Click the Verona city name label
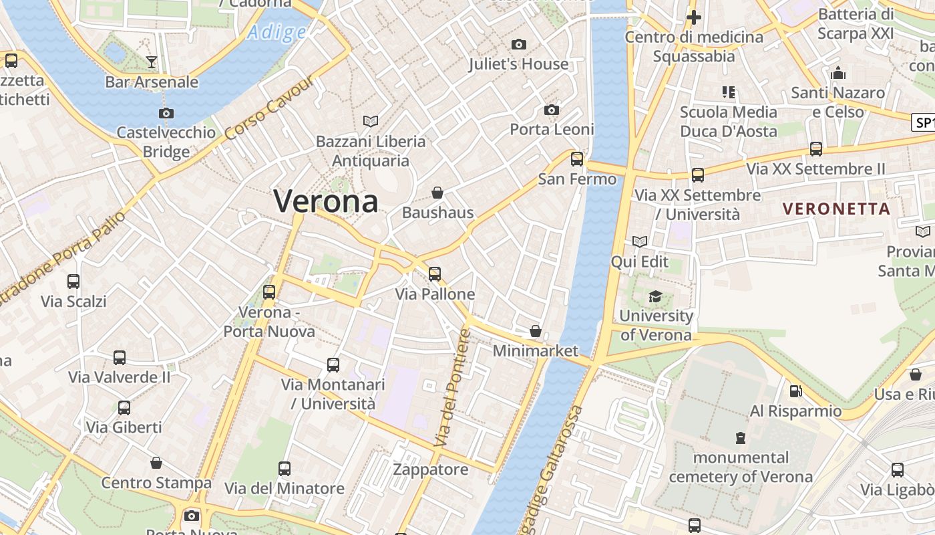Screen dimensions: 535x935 [326, 201]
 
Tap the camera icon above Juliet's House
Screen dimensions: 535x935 [518, 45]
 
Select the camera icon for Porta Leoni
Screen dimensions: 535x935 [552, 110]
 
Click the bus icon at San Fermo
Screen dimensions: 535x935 [577, 159]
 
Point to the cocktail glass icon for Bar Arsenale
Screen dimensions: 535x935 [152, 62]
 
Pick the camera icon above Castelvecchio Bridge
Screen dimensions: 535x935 [166, 113]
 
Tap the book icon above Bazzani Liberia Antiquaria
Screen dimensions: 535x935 [371, 121]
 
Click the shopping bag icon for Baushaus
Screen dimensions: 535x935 [437, 193]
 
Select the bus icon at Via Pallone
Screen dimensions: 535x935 [435, 274]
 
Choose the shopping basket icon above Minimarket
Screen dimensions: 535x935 [535, 330]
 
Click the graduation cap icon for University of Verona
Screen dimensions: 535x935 [655, 296]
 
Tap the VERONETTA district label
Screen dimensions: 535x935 [837, 209]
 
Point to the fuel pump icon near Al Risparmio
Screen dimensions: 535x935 [795, 391]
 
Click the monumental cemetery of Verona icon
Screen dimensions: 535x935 [740, 438]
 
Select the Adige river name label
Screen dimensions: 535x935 [276, 31]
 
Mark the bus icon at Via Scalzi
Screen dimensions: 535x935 [73, 282]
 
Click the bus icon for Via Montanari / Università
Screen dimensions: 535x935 [333, 365]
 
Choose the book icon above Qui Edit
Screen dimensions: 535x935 [640, 241]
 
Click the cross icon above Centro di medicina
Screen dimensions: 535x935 [694, 17]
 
